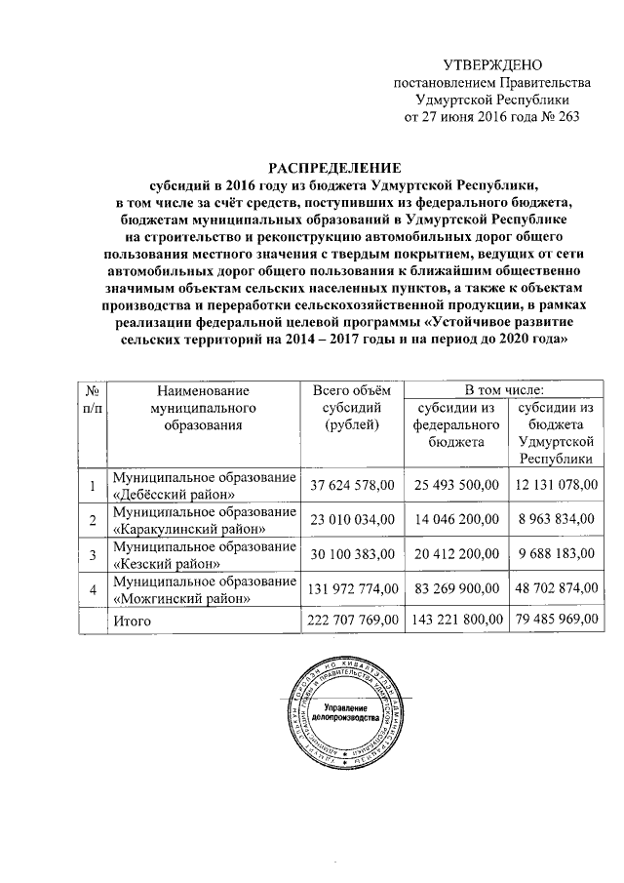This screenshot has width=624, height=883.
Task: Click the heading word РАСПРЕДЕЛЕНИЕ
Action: click(x=327, y=167)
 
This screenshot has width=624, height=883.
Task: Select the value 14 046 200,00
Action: click(x=457, y=519)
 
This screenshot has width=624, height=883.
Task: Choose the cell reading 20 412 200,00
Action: click(x=457, y=553)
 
